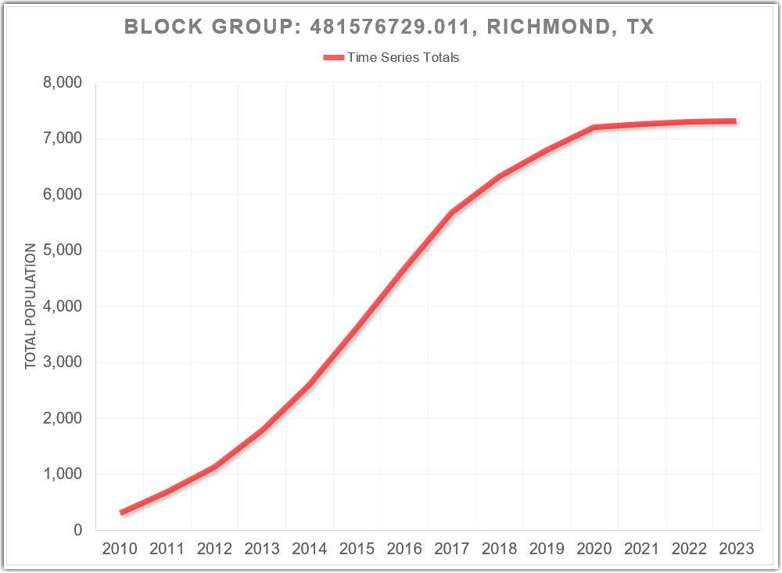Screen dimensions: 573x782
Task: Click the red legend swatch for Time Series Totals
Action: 333,57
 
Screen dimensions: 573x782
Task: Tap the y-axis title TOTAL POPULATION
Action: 30,306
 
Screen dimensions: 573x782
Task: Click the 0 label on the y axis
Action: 77,530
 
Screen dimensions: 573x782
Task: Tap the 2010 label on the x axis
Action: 120,549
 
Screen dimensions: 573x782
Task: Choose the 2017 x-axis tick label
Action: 452,549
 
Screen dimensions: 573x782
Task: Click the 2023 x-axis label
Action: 737,549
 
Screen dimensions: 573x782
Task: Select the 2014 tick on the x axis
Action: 310,549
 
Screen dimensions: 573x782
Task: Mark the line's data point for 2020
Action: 594,127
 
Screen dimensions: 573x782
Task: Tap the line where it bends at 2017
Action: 452,212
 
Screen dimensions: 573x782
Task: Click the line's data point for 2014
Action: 310,384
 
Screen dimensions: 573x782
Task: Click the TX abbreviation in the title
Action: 640,27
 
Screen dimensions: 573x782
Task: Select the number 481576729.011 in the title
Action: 393,27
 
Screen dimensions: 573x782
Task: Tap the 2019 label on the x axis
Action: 547,549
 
